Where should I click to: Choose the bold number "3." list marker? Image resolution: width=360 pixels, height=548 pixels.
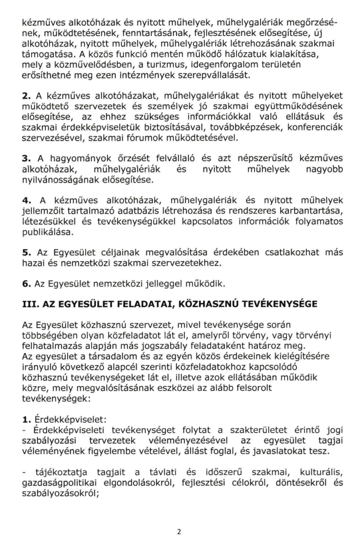(x=27, y=160)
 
